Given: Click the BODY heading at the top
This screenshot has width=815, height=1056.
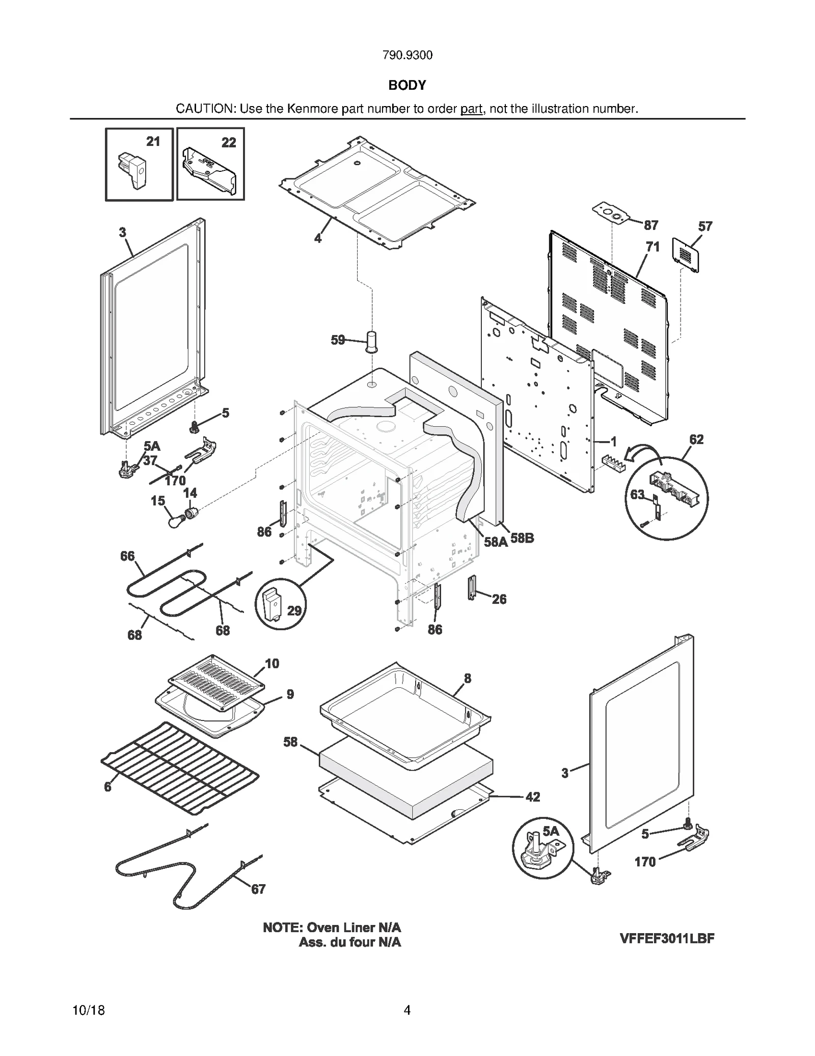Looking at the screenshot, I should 407,85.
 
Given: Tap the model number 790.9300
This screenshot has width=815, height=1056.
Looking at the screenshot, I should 407,55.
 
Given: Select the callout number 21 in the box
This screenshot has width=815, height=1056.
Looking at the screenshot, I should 153,142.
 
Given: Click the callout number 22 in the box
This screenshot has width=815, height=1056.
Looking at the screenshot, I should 229,143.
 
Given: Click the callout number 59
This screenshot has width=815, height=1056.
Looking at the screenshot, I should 338,340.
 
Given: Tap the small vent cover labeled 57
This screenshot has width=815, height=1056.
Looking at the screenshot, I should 685,253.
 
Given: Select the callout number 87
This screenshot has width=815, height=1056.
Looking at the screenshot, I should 651,225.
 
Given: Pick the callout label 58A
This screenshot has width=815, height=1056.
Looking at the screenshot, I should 496,542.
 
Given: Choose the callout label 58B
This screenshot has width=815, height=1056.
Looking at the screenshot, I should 522,538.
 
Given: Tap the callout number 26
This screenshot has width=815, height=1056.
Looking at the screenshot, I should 499,599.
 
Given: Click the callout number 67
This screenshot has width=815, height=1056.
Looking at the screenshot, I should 258,889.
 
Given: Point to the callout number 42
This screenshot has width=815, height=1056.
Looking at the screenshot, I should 532,796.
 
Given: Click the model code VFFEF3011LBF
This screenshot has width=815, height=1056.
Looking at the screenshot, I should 667,938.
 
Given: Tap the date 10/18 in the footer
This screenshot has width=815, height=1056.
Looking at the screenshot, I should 89,1010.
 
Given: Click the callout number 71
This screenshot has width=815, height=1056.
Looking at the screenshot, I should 653,247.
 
